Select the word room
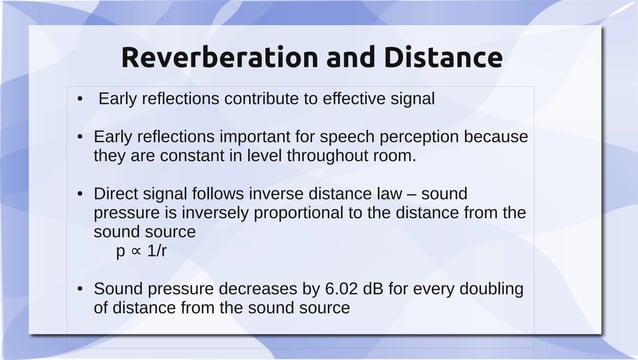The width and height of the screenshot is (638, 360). [x=393, y=156]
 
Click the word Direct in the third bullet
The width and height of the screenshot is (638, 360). [x=116, y=193]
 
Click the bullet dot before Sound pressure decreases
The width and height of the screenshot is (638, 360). [x=79, y=290]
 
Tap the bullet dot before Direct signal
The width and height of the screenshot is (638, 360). [x=79, y=194]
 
